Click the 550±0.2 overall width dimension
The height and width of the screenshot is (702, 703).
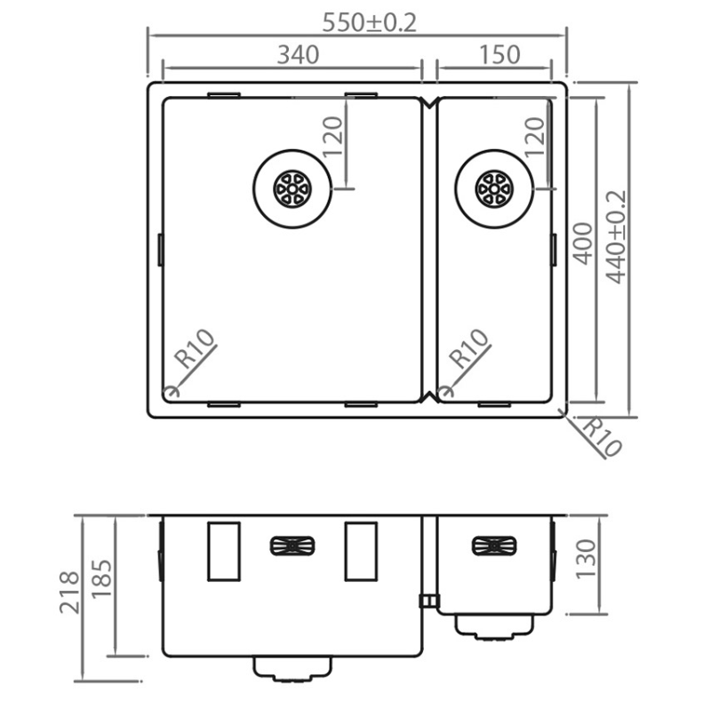coord(370,22)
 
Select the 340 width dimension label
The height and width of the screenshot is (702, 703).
coord(298,55)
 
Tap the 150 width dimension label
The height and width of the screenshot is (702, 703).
coord(499,55)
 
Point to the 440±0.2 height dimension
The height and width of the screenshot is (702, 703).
coord(616,237)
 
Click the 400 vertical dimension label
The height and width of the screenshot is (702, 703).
coord(583,243)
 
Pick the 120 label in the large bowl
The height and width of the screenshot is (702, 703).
coord(333,137)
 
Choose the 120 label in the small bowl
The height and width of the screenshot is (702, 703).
coord(535,137)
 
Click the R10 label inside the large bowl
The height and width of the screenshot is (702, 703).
coord(195,349)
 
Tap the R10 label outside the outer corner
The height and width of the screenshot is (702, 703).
coord(601,437)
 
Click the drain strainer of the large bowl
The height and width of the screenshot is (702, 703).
coord(292,188)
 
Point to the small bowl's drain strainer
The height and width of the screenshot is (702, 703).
coord(494,188)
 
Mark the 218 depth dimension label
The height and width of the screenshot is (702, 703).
coord(69,592)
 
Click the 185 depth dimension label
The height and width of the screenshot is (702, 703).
coord(102,578)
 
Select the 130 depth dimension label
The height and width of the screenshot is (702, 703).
coord(587,559)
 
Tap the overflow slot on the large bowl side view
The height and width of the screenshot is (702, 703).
coord(292,546)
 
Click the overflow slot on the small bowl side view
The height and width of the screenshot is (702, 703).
coord(494,546)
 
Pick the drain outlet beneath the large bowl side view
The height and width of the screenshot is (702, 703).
coord(292,669)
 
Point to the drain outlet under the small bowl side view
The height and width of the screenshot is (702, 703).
coord(494,626)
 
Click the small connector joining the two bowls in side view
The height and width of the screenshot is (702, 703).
coord(429,601)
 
